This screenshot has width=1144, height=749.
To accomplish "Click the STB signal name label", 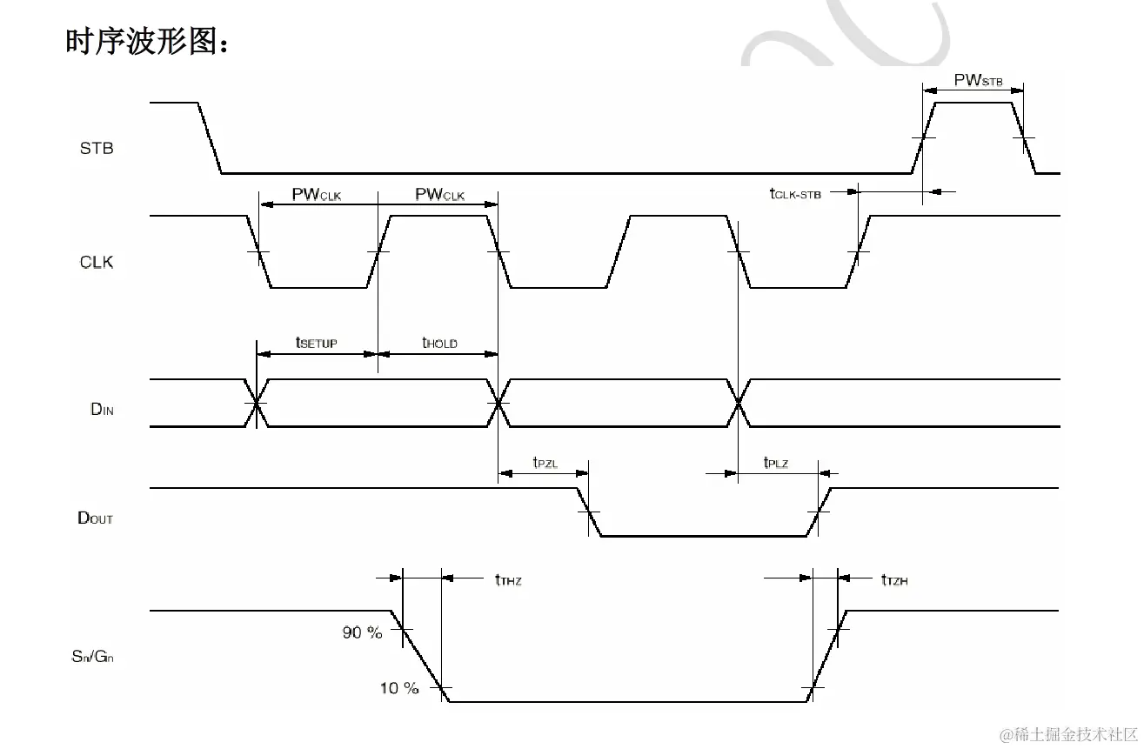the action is tap(97, 149).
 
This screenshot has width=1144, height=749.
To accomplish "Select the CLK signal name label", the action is tap(97, 262).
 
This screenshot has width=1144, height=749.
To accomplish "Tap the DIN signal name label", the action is tap(102, 409).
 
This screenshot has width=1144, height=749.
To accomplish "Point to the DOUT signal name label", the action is tap(96, 518).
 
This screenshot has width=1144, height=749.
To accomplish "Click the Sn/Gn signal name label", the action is tap(92, 657).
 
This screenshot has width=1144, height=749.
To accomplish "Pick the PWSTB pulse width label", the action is tap(979, 81).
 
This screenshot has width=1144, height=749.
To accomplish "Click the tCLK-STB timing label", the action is tap(794, 193).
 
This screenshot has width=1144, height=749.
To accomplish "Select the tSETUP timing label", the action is tap(316, 344).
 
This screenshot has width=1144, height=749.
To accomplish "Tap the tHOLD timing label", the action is tap(439, 344).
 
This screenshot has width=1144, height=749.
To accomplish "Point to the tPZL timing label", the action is tap(545, 463).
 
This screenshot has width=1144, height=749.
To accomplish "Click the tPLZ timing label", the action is tap(776, 463).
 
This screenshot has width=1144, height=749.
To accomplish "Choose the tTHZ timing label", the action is tap(508, 579).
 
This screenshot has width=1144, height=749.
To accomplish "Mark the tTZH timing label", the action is tap(894, 579).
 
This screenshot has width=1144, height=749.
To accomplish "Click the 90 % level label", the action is tap(362, 632).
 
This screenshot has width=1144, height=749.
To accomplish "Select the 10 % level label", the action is tap(399, 688).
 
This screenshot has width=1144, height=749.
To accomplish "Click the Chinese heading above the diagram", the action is tap(148, 40).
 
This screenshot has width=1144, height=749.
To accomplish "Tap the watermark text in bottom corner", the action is tap(1068, 735).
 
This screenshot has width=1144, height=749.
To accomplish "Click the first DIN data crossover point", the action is tap(257, 403).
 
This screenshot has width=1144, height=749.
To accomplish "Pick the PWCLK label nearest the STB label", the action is tap(317, 195).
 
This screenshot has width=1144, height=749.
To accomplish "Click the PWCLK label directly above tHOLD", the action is tap(440, 195).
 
